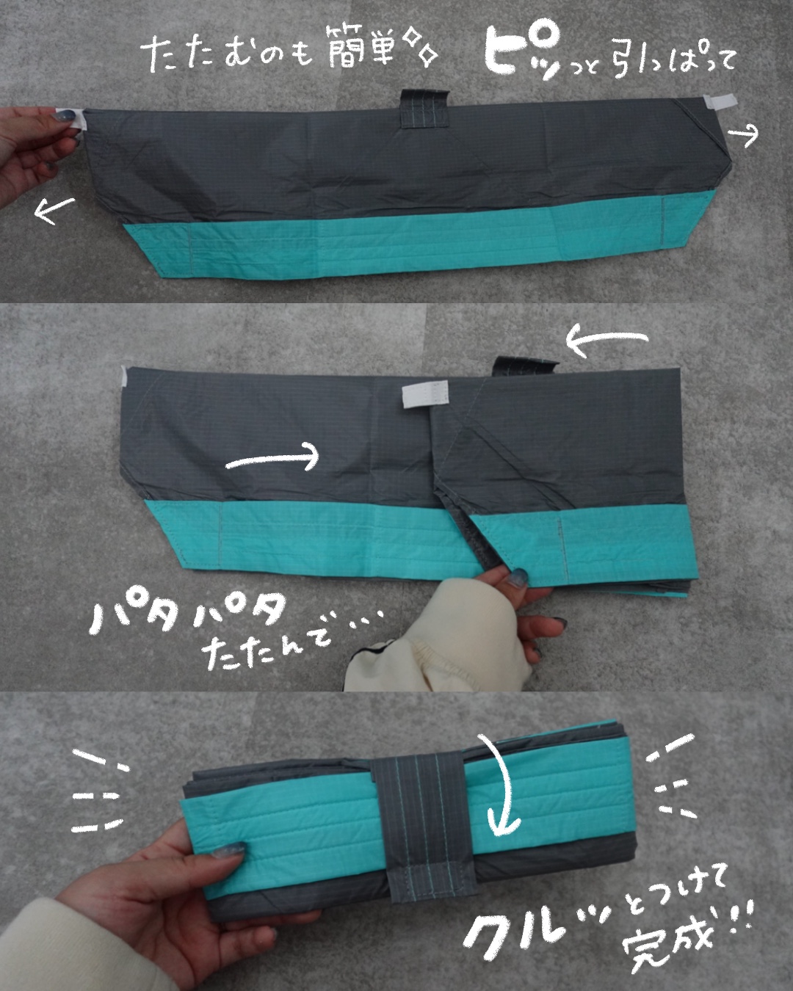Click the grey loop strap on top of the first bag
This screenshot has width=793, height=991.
(x=424, y=108)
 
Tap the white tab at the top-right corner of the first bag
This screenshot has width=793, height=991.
(x=720, y=102)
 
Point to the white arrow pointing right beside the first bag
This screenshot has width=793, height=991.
(x=743, y=135)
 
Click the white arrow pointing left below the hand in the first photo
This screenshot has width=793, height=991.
(x=54, y=211)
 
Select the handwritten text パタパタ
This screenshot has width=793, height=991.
(x=189, y=614)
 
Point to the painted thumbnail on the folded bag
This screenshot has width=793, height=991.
(x=229, y=846)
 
